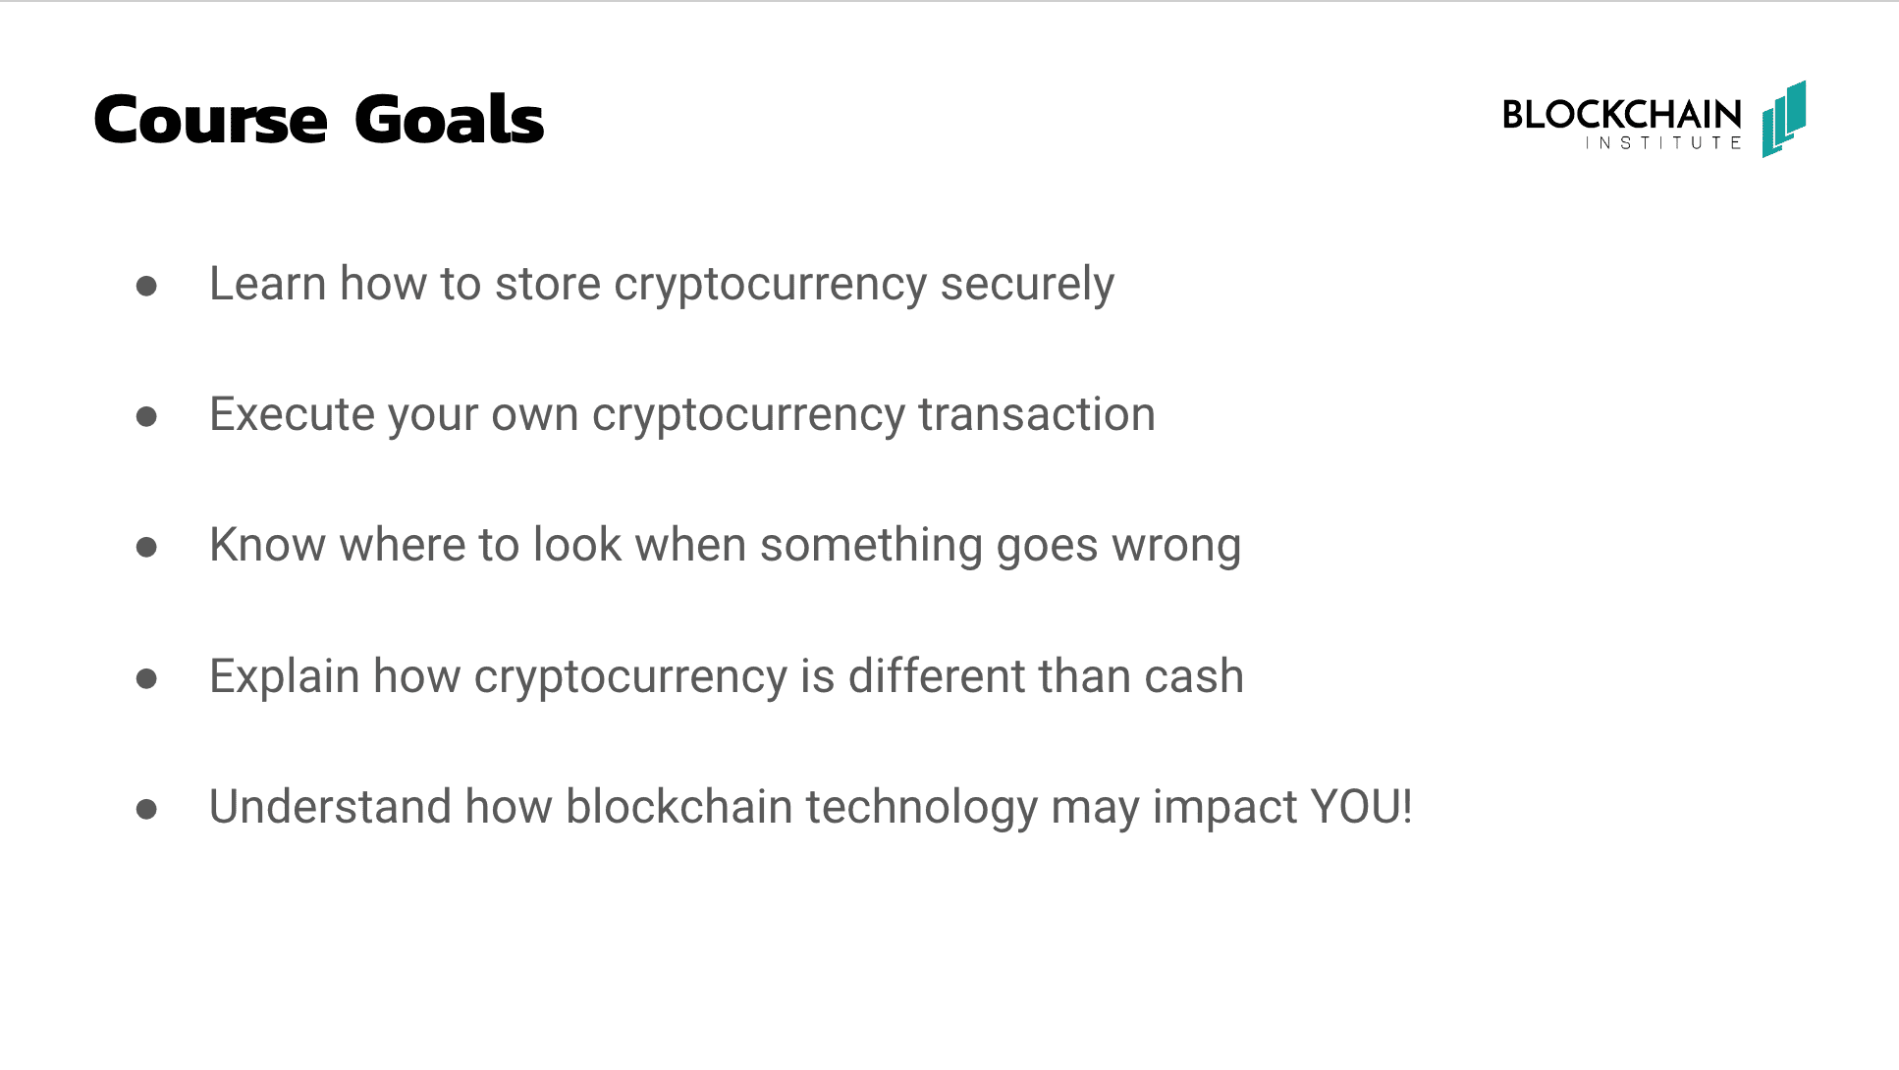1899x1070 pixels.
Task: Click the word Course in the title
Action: click(x=211, y=120)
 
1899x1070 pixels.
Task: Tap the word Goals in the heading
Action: click(x=449, y=119)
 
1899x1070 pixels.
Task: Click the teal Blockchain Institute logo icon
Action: click(x=1784, y=119)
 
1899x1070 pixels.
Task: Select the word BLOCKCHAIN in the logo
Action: click(x=1622, y=115)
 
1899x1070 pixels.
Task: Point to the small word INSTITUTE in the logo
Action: click(x=1663, y=143)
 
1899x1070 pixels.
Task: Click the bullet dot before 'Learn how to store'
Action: click(x=147, y=286)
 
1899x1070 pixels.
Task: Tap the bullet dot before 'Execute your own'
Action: click(x=147, y=416)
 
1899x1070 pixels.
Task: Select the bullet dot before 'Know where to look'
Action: click(x=147, y=547)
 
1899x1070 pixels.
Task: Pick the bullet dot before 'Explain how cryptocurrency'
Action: click(x=147, y=677)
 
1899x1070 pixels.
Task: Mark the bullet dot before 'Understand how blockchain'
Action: click(x=147, y=809)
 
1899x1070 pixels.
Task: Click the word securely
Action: click(x=1027, y=286)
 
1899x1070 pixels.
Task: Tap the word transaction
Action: click(x=1037, y=414)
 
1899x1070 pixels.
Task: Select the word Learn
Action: click(x=268, y=284)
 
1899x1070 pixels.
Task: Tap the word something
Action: click(x=871, y=547)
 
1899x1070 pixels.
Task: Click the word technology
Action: click(x=922, y=809)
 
